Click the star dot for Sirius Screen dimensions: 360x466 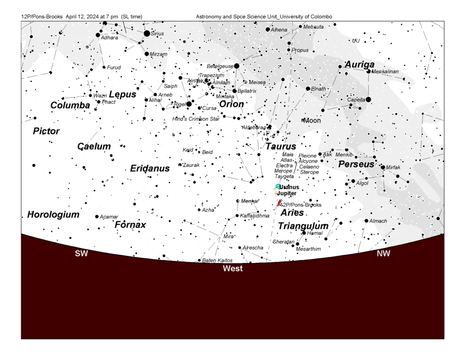point(147,33)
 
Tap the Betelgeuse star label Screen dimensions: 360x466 point(220,66)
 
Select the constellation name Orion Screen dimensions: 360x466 point(232,104)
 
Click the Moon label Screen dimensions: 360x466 point(312,121)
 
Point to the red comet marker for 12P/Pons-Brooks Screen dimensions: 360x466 point(279,203)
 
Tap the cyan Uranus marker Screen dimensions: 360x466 point(278,187)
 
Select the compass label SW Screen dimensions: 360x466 point(81,254)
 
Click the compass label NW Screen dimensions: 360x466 point(383,254)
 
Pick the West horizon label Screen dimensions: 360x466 point(233,269)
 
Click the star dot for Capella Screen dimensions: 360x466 point(368,99)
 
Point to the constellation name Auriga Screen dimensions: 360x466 point(360,65)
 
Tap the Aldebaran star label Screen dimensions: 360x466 point(253,127)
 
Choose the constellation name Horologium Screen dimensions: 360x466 point(53,214)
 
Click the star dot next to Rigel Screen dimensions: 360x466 point(189,104)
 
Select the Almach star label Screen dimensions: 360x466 point(378,221)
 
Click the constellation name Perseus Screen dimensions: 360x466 point(356,164)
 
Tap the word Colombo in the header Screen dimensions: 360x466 point(322,17)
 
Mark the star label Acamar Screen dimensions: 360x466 point(109,217)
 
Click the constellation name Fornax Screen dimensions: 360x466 point(131,224)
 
